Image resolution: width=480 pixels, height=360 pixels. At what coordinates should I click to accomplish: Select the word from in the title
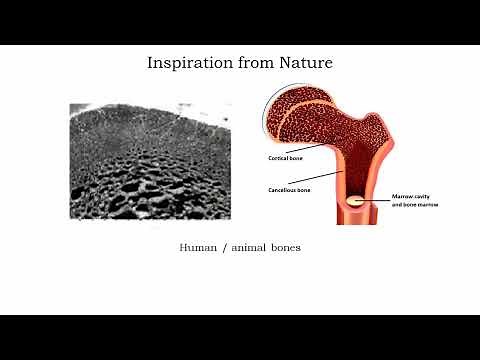[252, 63]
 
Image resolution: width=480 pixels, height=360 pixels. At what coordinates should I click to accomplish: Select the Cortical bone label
[284, 159]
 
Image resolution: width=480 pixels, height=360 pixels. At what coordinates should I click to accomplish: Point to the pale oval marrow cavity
[356, 202]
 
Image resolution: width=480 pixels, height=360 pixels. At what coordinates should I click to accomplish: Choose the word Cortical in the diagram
[277, 159]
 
